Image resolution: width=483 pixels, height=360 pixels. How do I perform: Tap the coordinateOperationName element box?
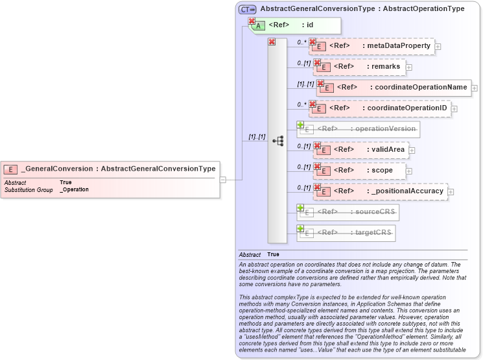click(x=394, y=87)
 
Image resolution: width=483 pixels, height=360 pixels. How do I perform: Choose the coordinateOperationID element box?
click(x=380, y=108)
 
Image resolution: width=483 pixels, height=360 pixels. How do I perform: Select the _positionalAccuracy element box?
click(x=380, y=191)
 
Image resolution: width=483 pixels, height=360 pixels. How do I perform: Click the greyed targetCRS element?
click(x=346, y=232)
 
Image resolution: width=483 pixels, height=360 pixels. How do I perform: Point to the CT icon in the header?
click(x=247, y=10)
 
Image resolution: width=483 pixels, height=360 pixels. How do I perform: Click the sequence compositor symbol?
click(x=277, y=140)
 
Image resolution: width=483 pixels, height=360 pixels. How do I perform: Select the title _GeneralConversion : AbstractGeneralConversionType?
click(x=118, y=169)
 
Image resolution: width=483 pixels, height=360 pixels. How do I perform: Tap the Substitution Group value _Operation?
click(x=74, y=189)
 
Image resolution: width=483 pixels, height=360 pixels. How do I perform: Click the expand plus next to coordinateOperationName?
click(x=475, y=88)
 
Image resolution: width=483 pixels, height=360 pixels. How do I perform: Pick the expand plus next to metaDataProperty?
click(x=438, y=47)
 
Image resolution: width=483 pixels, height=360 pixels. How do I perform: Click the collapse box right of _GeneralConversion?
click(x=222, y=179)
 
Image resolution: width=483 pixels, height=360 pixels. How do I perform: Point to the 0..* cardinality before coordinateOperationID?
click(x=301, y=104)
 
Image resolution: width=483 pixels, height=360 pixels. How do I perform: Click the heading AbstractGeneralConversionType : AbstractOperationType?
click(x=362, y=9)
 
